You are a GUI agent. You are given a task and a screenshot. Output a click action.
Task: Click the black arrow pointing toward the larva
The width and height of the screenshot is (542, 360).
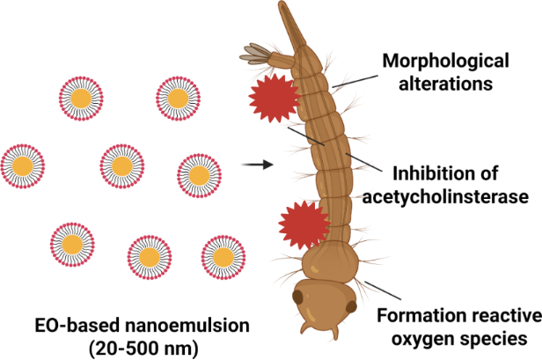[x=255, y=164]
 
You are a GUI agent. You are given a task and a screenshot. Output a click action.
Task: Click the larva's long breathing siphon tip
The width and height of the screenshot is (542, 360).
[x=286, y=11]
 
